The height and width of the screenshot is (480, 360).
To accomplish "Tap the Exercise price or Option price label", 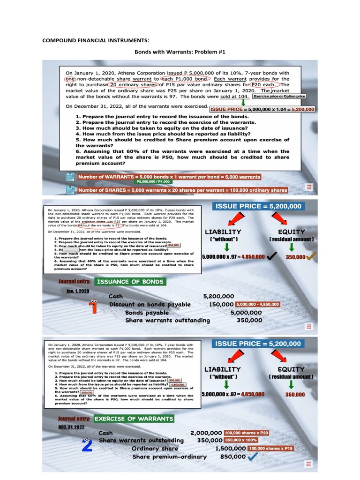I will (279, 96).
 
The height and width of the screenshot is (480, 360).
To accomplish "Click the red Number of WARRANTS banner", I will (169, 177).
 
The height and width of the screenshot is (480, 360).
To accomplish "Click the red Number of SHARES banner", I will (182, 190).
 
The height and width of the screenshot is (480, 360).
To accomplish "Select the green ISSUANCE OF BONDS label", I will (130, 282).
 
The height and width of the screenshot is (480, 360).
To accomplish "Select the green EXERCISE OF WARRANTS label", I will (134, 419).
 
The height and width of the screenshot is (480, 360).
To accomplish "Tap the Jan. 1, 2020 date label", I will (77, 291).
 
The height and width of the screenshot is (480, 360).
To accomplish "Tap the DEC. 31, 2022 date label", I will (71, 427).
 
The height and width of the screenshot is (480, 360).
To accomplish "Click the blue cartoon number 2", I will (87, 444).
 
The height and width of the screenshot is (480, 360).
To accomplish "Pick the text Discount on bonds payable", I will (150, 304).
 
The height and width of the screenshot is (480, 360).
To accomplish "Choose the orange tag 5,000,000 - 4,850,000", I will (257, 304).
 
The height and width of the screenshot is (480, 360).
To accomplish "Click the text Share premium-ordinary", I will (169, 457).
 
